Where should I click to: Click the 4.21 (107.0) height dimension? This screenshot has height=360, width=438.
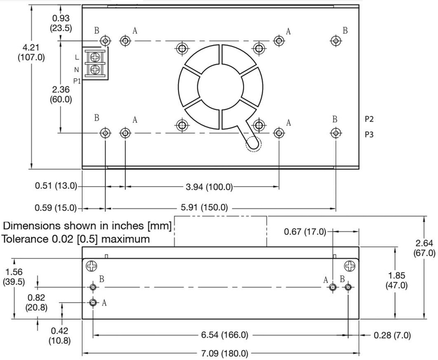point(31,52)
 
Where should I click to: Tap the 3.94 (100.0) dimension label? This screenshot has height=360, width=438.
point(209,187)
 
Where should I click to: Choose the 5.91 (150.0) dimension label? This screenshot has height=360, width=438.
point(204,208)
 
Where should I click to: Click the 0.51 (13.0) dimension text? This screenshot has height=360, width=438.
point(56,186)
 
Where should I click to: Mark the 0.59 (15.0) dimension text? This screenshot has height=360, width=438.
point(56,208)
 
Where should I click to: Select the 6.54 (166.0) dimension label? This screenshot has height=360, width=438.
point(225,335)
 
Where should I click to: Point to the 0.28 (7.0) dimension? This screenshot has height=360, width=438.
point(392,335)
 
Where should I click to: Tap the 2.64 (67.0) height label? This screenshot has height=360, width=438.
point(425,248)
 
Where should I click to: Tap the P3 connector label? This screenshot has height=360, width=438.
point(369,134)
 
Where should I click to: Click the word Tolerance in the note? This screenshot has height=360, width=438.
point(25,238)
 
